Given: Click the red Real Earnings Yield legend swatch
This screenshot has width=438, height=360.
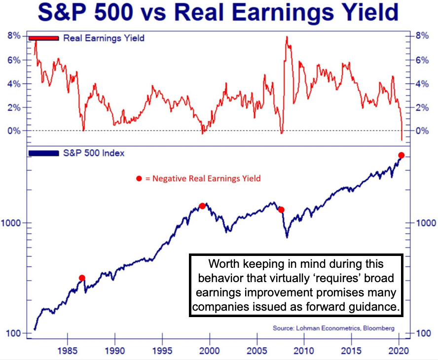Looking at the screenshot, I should (x=44, y=38).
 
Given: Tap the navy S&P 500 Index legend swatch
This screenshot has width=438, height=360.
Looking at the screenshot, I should (x=44, y=153).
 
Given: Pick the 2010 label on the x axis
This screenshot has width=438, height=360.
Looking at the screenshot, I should (x=304, y=353).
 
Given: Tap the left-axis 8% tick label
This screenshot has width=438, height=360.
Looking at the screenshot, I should (x=14, y=36).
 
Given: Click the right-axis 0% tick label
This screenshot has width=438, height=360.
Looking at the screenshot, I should (x=423, y=131).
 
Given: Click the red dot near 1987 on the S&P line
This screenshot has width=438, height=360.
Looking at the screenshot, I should (x=82, y=278).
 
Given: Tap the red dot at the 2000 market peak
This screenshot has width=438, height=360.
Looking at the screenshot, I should (x=202, y=206).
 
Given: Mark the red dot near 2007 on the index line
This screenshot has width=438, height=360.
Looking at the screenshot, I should (x=281, y=210).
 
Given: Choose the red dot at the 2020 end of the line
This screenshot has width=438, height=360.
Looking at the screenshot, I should (x=401, y=155).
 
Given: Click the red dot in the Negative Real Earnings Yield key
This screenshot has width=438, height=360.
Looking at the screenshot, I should (x=139, y=179).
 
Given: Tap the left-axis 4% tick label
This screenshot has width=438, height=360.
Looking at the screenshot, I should (x=14, y=83).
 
